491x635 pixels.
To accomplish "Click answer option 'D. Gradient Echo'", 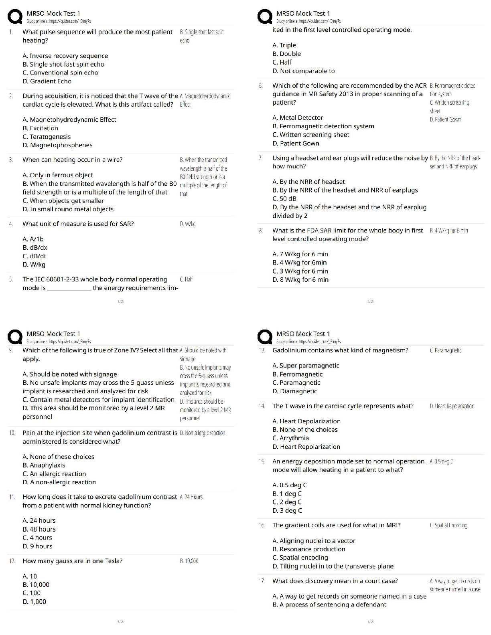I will pyautogui.click(x=47, y=81).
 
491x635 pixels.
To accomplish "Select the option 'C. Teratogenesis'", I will pyautogui.click(x=47, y=137).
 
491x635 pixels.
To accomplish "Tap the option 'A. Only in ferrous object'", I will pyautogui.click(x=58, y=175).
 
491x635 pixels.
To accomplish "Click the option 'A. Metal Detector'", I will pyautogui.click(x=298, y=118).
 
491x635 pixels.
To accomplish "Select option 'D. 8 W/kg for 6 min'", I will pyautogui.click(x=300, y=280).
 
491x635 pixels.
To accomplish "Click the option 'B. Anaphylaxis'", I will pyautogui.click(x=44, y=465).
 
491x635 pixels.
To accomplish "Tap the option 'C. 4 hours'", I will pyautogui.click(x=37, y=538).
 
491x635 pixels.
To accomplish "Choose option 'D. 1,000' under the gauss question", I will pyautogui.click(x=34, y=602).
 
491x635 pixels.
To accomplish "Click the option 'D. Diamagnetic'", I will pyautogui.click(x=294, y=391).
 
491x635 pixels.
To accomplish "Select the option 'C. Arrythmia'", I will pyautogui.click(x=290, y=438).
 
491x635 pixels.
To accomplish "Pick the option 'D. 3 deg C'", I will pyautogui.click(x=287, y=511).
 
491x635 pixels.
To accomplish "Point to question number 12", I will pyautogui.click(x=12, y=561).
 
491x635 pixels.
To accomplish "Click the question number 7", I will pyautogui.click(x=261, y=158).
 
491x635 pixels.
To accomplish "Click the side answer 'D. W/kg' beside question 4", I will pyautogui.click(x=188, y=224).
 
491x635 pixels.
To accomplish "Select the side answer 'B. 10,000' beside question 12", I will pyautogui.click(x=189, y=561).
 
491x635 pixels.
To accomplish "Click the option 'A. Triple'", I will pyautogui.click(x=284, y=45).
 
